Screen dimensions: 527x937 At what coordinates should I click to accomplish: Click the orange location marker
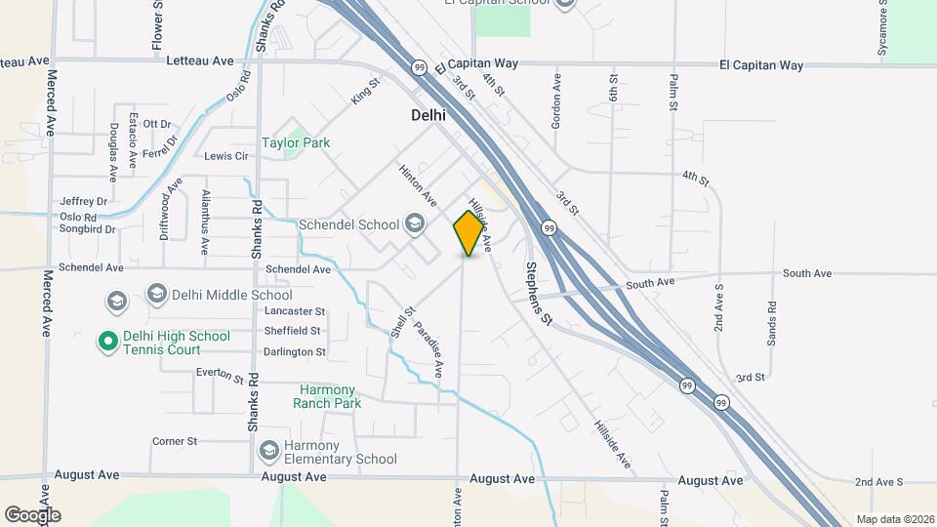point(469,232)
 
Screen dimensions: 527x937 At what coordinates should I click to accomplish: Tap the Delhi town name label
point(428,115)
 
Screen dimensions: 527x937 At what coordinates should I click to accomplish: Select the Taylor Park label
point(296,142)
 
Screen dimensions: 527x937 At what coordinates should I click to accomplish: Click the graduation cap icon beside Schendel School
point(416,224)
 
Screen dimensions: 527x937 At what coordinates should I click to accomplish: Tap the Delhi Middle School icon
point(156,294)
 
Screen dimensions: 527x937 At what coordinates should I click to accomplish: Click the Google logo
point(32,514)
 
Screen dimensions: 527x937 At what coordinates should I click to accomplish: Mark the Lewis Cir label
point(226,156)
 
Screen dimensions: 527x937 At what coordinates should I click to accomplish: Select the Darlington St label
point(294,351)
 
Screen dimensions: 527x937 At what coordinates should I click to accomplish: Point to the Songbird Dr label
point(88,229)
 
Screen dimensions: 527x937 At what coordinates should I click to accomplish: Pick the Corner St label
point(175,441)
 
